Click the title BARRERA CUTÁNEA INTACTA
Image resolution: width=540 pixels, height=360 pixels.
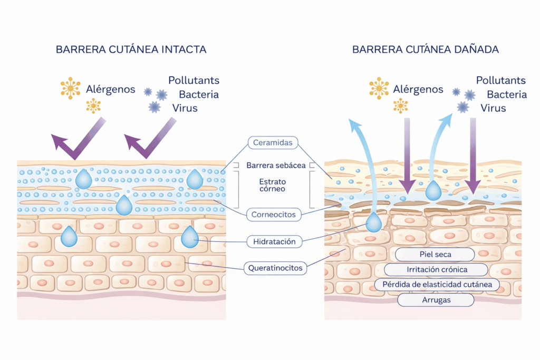[x=131, y=50]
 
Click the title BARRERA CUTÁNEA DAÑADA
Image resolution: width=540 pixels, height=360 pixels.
[x=425, y=50]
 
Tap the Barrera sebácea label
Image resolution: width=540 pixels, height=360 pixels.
[x=275, y=166]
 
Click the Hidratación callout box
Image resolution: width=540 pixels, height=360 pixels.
[x=274, y=242]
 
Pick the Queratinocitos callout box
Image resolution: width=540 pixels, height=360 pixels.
[x=275, y=268]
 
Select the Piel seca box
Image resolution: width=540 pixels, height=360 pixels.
[x=435, y=255]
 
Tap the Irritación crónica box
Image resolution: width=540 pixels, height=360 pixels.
[x=435, y=269]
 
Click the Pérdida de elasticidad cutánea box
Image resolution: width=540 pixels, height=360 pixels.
[x=437, y=285]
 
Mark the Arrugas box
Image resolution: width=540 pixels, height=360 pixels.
[x=435, y=300]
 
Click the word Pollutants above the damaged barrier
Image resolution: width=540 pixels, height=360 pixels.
[x=500, y=81]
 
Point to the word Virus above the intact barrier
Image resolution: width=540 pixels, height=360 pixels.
[x=185, y=108]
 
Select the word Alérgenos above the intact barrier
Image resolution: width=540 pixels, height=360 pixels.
[x=110, y=90]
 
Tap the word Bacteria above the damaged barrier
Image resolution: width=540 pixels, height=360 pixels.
[x=506, y=95]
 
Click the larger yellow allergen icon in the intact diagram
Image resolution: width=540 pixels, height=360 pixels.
[x=71, y=88]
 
